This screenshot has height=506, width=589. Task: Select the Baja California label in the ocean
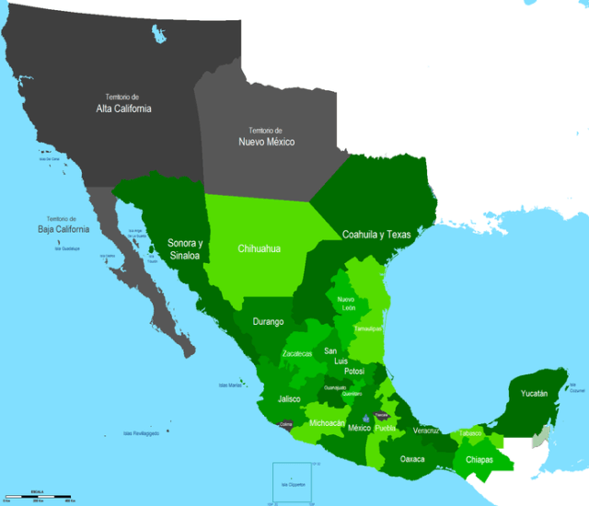pyautogui.click(x=64, y=224)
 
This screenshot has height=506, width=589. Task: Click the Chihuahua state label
pyautogui.click(x=259, y=248)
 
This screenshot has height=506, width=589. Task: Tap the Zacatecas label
pyautogui.click(x=297, y=353)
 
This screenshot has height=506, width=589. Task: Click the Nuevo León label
pyautogui.click(x=346, y=304)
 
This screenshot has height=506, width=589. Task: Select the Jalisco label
pyautogui.click(x=291, y=399)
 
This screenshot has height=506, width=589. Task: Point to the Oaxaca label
pyautogui.click(x=413, y=458)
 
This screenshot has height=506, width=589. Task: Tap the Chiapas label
pyautogui.click(x=479, y=459)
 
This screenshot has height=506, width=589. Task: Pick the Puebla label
pyautogui.click(x=386, y=428)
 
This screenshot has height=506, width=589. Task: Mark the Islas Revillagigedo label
pyautogui.click(x=142, y=433)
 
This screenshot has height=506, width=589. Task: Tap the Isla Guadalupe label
pyautogui.click(x=68, y=247)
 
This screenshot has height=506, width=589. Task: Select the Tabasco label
pyautogui.click(x=471, y=432)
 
